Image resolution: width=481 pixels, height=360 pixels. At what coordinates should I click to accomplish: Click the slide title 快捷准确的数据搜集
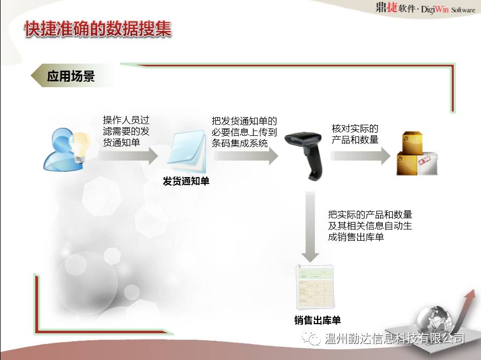[98, 29]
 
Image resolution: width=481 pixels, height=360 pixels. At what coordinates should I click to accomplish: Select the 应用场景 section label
[71, 76]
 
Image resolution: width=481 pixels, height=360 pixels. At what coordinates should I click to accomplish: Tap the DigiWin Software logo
[425, 8]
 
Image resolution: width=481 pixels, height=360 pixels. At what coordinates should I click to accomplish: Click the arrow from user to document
[128, 156]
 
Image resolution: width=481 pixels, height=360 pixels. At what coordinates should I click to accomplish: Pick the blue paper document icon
[187, 151]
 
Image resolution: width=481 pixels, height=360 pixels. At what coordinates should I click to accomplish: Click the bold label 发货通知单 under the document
[186, 181]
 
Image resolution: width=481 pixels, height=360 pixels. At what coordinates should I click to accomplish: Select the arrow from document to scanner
[246, 156]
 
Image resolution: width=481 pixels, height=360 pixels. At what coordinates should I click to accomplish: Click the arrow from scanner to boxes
[360, 156]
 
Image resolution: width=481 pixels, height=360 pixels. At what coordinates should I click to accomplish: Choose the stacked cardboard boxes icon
[417, 154]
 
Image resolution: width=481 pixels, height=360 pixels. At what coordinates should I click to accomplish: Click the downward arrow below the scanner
[310, 227]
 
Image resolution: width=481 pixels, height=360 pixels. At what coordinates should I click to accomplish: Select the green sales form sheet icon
[314, 286]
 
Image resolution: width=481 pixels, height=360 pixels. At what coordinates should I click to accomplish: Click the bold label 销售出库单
[317, 320]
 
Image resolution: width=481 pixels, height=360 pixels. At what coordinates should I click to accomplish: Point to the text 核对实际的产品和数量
[355, 134]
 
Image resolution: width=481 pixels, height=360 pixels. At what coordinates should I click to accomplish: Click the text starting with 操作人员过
[126, 131]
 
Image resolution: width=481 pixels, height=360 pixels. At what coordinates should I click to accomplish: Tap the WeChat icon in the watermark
[311, 338]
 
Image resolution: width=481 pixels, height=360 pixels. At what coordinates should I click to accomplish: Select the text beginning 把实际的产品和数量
[370, 226]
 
